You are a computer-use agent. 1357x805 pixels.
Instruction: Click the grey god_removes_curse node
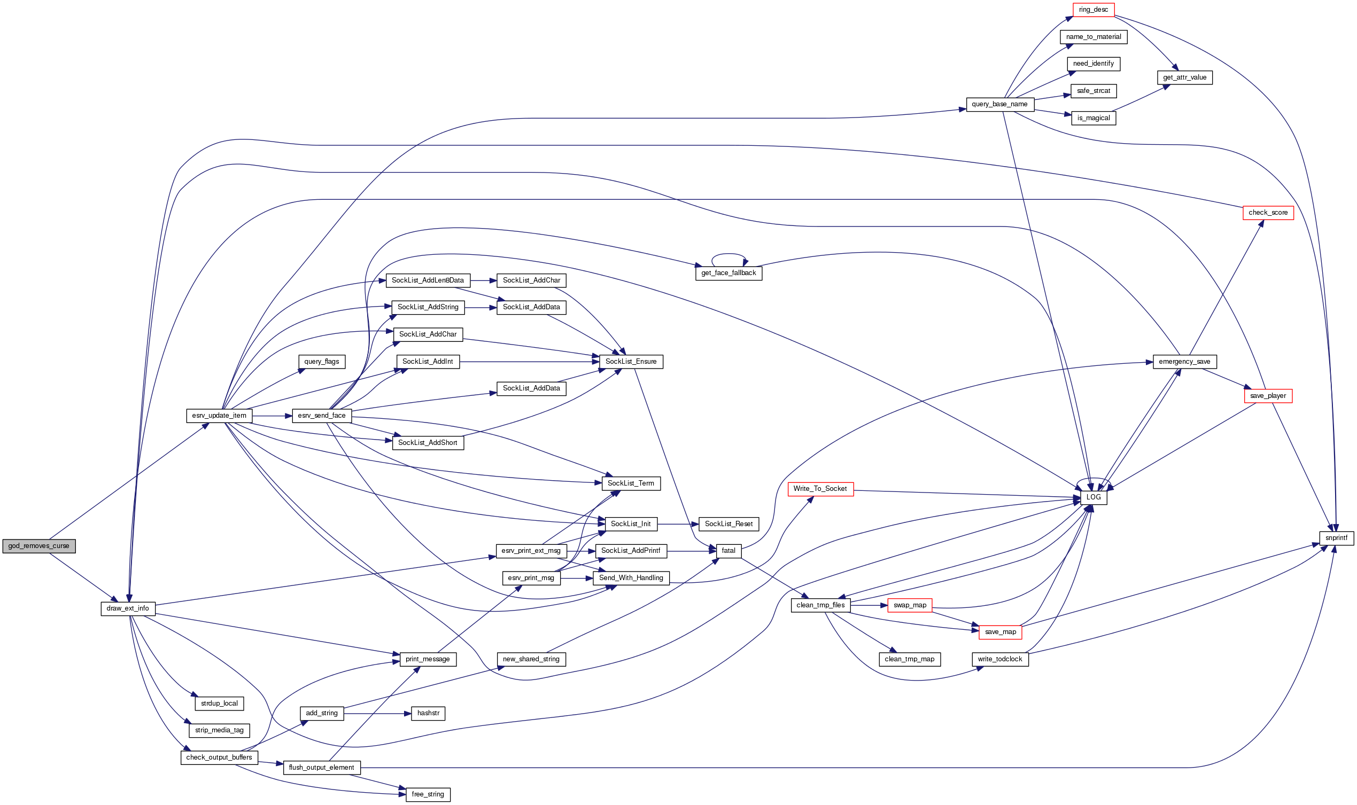click(38, 546)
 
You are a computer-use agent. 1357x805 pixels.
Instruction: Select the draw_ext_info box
click(128, 608)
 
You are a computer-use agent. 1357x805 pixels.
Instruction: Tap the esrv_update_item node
click(219, 416)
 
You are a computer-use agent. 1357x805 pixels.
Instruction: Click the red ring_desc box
click(1093, 10)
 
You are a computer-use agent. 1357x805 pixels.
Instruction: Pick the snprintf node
click(1336, 537)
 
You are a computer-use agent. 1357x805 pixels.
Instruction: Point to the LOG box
click(1093, 497)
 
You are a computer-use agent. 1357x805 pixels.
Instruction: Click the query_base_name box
click(999, 104)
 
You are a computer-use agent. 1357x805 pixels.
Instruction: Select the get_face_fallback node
click(728, 273)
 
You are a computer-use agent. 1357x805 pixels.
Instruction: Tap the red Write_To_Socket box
click(820, 489)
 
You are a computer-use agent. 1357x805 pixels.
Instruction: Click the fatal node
click(728, 551)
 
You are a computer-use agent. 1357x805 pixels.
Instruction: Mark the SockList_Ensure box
click(631, 361)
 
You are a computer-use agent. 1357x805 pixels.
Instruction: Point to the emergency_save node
click(1184, 361)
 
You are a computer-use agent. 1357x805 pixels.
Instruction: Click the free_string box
click(428, 794)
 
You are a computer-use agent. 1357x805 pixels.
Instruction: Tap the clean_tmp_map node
click(909, 659)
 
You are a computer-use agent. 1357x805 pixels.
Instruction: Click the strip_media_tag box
click(219, 730)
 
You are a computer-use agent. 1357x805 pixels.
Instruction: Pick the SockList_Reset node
click(728, 524)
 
